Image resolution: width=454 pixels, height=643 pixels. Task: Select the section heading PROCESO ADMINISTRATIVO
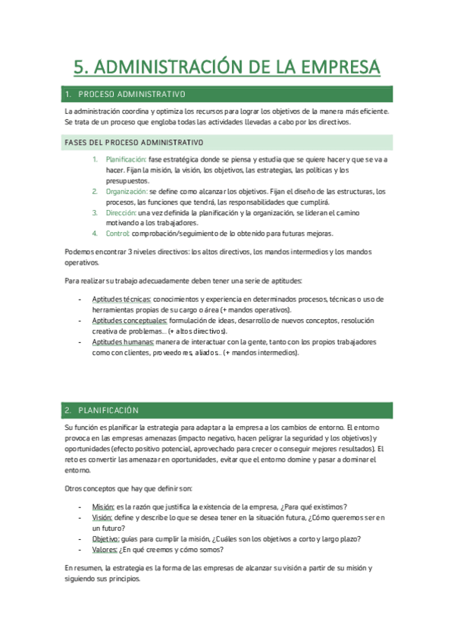point(132,95)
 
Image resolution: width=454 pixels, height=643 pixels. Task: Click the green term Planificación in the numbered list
point(126,160)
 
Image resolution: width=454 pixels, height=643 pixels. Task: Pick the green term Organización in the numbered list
point(127,192)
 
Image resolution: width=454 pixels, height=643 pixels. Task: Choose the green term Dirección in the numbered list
point(121,213)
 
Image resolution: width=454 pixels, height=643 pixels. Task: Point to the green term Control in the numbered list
point(118,234)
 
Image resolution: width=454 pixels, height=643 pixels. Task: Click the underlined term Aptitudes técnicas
point(121,300)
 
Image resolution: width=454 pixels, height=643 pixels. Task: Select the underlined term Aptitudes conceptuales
point(130,321)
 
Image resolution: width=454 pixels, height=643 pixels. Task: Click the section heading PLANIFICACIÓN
point(108,410)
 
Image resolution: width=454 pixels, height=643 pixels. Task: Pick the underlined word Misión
point(102,507)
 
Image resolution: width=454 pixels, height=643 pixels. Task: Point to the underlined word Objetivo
point(105,539)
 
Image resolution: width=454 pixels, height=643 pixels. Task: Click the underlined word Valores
point(104,550)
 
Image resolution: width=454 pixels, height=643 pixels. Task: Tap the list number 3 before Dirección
point(95,213)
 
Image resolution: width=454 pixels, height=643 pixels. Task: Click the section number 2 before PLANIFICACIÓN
point(68,410)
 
